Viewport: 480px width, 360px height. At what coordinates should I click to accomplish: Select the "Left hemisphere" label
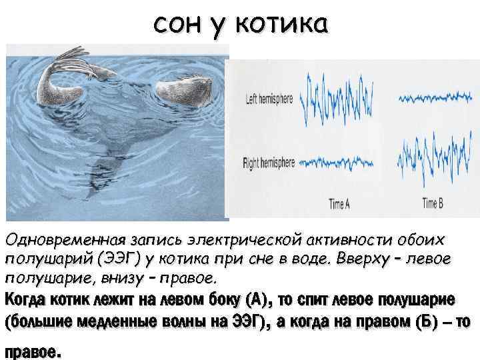tap(269, 99)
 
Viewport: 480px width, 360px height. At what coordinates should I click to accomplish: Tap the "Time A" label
tap(339, 204)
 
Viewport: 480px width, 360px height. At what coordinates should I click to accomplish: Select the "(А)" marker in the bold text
tap(256, 297)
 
